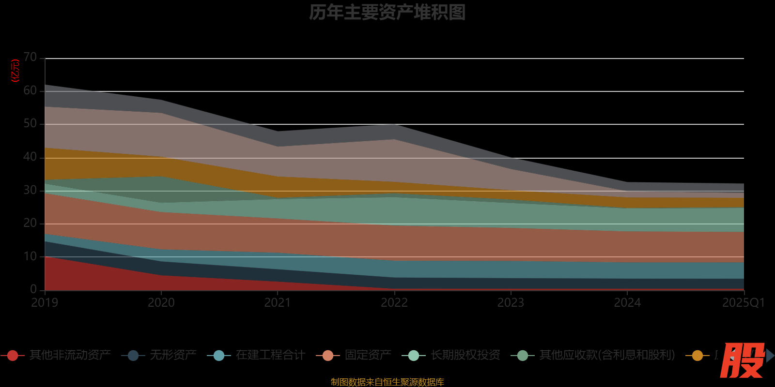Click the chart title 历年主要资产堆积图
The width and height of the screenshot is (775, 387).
coord(387,13)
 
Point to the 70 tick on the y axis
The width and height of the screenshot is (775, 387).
coord(30,58)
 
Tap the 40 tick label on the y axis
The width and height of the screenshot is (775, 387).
coord(30,157)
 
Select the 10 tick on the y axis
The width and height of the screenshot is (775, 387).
coord(30,256)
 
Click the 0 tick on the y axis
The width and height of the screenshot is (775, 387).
coord(33,289)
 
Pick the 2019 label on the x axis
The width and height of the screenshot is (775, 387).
coord(45,303)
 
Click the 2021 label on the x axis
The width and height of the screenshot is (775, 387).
coord(278,303)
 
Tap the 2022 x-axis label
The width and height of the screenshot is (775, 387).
coord(394,303)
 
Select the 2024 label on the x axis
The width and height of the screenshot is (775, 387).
coord(627,303)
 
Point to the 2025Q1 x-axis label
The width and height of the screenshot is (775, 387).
coord(743,303)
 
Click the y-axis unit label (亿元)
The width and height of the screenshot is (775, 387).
coord(15,71)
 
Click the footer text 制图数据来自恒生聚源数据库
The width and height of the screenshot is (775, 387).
coord(387,382)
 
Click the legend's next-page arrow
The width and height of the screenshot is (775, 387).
coord(770,356)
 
